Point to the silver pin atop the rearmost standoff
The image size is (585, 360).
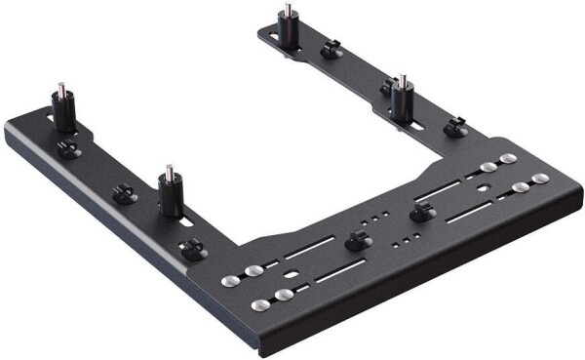[x=285, y=10]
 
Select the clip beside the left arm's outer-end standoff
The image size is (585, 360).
[x=66, y=147]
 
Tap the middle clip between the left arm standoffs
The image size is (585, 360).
[x=124, y=194]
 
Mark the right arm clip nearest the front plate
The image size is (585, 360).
[x=453, y=128]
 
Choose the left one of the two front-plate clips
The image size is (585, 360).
[x=356, y=239]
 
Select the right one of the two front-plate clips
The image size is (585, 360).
[x=421, y=212]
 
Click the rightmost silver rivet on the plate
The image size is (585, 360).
[x=540, y=178]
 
